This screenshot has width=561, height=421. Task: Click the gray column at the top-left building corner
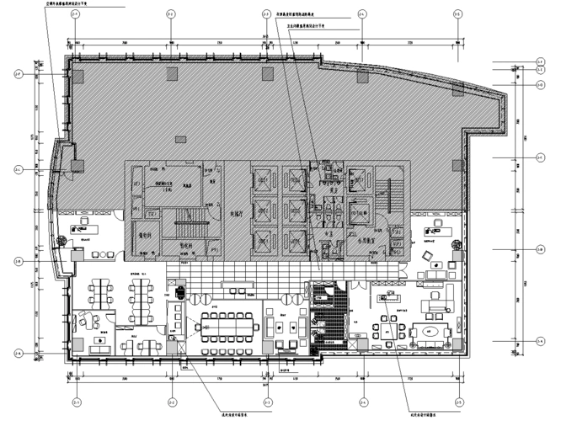click(x=77, y=75)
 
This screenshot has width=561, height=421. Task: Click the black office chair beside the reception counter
click(x=180, y=295)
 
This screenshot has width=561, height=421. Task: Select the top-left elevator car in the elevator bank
click(x=263, y=177)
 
